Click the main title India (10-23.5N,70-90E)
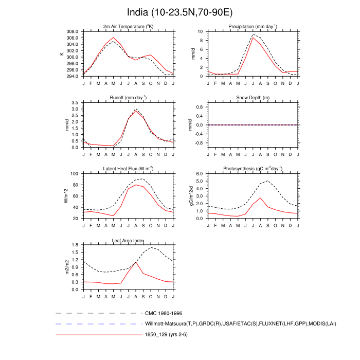coord(179,12)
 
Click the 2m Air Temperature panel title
coord(128,26)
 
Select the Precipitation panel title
coord(253,26)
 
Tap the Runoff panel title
coord(128,97)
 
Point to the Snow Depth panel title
coord(253,97)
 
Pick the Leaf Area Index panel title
coord(128,240)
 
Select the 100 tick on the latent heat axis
coord(75,174)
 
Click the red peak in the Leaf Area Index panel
coord(136,262)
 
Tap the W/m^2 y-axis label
coord(65,196)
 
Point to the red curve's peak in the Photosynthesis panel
coord(261,198)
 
